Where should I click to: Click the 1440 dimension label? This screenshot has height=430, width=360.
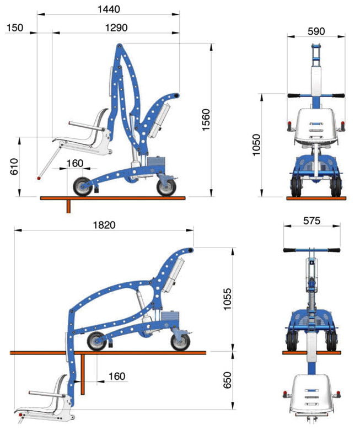coord(109,9)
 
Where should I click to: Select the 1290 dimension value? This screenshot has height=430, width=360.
coord(116,28)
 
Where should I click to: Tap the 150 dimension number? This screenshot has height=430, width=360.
coord(15,28)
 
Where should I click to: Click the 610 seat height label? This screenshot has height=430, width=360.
coord(14,166)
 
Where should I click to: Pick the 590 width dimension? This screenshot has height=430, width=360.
coord(316,31)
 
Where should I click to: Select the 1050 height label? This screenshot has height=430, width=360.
coord(256,145)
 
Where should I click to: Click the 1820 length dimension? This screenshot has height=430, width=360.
coord(104,225)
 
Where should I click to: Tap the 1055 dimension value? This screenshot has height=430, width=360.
coord(228,299)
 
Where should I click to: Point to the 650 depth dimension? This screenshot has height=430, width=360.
coord(227,380)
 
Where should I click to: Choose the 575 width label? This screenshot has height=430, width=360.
coord(311,221)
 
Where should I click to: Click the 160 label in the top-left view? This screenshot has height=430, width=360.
coord(75,163)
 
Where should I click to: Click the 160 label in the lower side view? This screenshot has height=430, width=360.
coord(117,376)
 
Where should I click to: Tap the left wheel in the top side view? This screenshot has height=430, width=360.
coord(83,186)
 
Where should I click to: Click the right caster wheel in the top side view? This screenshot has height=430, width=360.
coord(166,187)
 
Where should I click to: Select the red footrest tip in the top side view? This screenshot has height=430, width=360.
coord(39,179)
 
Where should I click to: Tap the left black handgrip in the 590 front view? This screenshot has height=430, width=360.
coord(294,96)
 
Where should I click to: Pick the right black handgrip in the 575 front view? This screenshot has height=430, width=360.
coord(334,250)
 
